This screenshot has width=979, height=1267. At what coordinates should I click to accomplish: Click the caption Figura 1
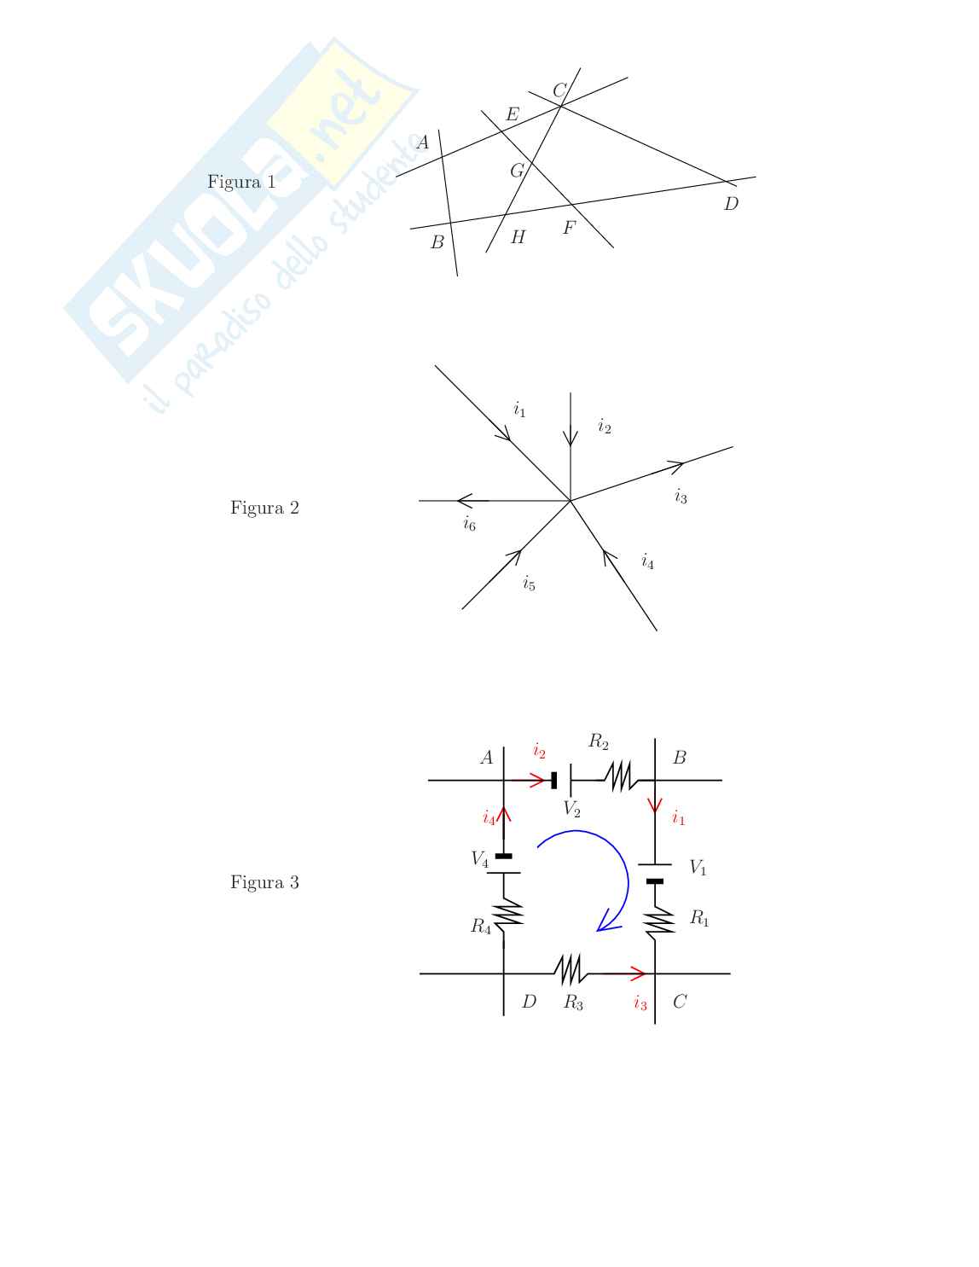coord(241,182)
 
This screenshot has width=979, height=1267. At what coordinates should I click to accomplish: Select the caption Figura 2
coord(264,508)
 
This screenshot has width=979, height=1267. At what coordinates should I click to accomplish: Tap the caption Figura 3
coord(264,882)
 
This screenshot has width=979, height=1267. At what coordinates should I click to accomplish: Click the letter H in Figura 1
coord(518,236)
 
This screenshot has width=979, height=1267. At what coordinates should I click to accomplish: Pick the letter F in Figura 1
coord(570,228)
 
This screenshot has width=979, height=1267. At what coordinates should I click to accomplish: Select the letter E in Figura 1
coord(513,113)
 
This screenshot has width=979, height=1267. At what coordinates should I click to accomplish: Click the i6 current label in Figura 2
coord(469,524)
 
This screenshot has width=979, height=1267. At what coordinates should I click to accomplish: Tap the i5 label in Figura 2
coord(529,583)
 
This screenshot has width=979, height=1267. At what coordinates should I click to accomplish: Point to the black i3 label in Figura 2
coord(681,497)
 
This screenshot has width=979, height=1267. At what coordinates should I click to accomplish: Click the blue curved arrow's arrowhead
coord(607,921)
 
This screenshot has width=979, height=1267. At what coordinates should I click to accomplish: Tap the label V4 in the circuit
coord(479,859)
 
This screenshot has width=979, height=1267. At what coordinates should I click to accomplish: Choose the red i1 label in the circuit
coord(678,817)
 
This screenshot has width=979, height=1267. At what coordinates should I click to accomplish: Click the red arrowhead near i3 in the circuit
coord(639,973)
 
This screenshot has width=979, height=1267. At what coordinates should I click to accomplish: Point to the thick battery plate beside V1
coord(655,881)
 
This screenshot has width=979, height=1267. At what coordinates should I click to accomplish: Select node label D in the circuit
coord(529,1001)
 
